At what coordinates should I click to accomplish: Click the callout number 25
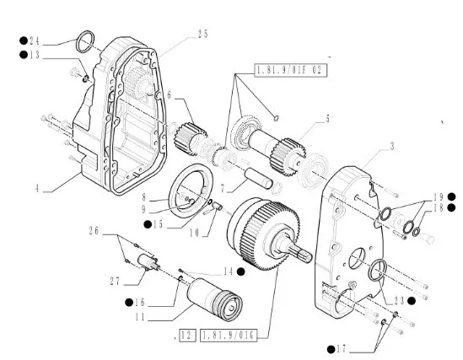coord(202,34)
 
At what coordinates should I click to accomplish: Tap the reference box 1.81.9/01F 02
coord(291,70)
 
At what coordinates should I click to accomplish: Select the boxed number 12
coord(187,336)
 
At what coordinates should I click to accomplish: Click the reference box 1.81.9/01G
coord(229,336)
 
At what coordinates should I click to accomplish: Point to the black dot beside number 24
coord(24,40)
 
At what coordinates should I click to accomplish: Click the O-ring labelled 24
coord(85,41)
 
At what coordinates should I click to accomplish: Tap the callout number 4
coord(37,188)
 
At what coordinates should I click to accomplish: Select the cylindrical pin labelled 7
coord(259,178)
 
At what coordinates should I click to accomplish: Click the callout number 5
coord(327,119)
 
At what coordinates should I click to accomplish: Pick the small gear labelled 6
coord(191,138)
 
